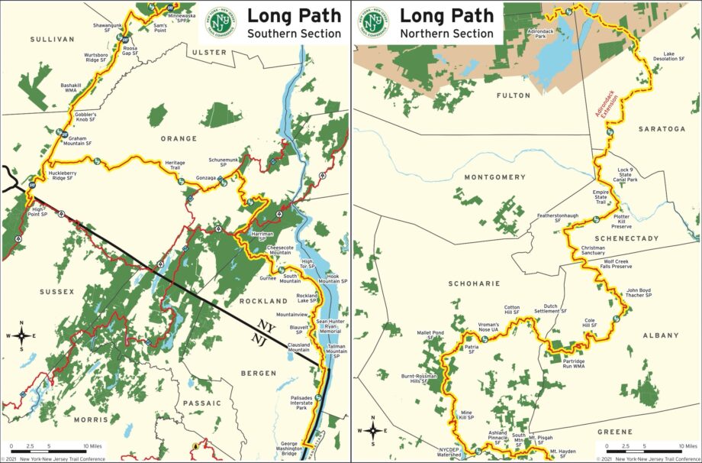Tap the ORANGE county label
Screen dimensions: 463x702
click(x=179, y=139)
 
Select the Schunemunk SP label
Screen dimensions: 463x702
click(x=224, y=163)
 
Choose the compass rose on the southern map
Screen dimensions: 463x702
click(x=22, y=335)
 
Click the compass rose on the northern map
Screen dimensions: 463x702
click(x=373, y=429)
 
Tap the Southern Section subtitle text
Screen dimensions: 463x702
click(x=294, y=34)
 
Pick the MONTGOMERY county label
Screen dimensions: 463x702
click(x=495, y=177)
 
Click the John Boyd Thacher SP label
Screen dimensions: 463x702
click(x=639, y=293)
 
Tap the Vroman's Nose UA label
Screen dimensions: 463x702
click(x=488, y=328)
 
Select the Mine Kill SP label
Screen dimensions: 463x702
click(x=466, y=415)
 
